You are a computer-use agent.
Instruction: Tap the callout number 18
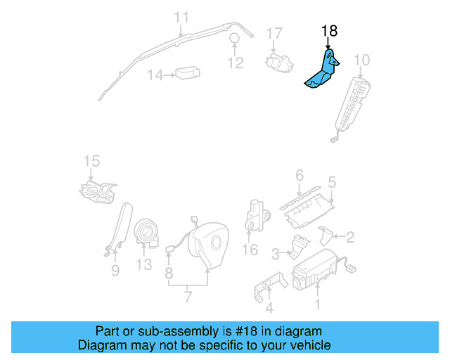pyautogui.click(x=329, y=31)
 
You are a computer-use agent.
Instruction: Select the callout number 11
pyautogui.click(x=181, y=17)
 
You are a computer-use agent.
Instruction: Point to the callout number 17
pyautogui.click(x=274, y=33)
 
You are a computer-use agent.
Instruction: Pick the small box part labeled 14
pyautogui.click(x=187, y=74)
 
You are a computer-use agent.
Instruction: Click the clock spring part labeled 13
pyautogui.click(x=146, y=231)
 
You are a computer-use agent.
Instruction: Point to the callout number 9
pyautogui.click(x=115, y=270)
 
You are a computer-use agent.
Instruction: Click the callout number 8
pyautogui.click(x=169, y=271)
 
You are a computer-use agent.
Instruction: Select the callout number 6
pyautogui.click(x=299, y=175)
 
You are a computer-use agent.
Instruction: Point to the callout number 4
pyautogui.click(x=269, y=307)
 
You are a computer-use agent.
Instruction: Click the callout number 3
pyautogui.click(x=276, y=252)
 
